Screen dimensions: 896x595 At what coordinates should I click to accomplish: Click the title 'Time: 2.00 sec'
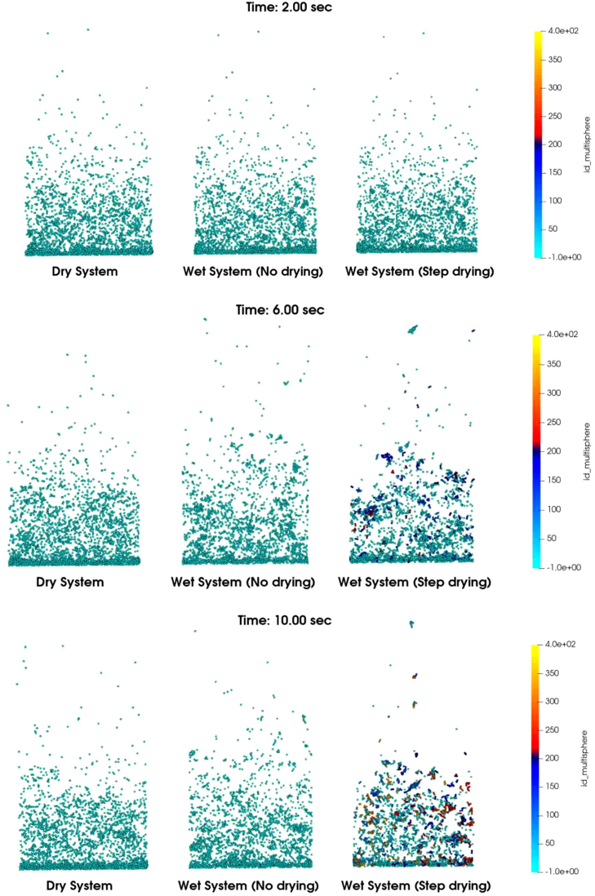tap(289, 7)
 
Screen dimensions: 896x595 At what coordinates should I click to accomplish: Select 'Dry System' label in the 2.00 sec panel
tap(79, 271)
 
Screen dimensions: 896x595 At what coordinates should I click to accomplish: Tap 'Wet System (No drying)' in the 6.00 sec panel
tap(242, 582)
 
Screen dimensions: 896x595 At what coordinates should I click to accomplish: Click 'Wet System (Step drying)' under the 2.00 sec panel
tap(420, 271)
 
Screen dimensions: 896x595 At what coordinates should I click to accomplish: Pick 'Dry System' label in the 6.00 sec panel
tap(71, 582)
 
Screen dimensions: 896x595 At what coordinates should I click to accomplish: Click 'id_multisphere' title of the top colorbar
tap(586, 144)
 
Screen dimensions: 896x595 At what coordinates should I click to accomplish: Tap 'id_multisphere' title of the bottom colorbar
tap(586, 757)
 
